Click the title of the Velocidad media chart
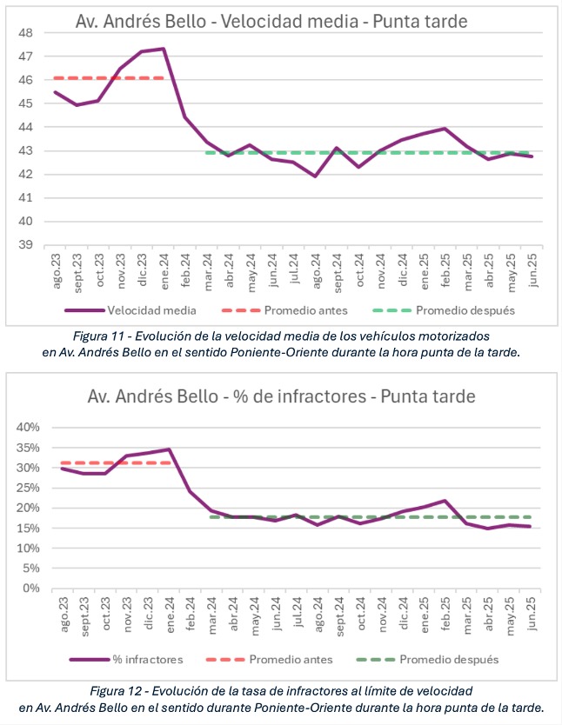[271, 21]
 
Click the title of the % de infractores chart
[281, 396]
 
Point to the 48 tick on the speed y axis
[26, 33]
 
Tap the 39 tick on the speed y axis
[26, 245]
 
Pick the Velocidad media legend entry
[130, 310]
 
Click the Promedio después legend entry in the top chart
[444, 310]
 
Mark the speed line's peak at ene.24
[164, 49]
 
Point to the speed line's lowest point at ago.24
[316, 176]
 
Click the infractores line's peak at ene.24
[169, 449]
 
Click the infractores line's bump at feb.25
[445, 501]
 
